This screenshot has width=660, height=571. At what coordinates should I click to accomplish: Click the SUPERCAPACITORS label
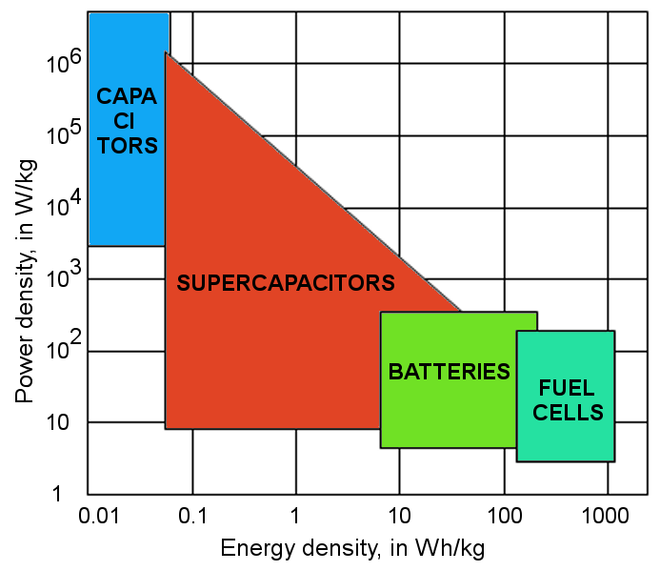click(286, 283)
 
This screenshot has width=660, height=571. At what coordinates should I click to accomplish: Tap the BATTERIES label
click(450, 372)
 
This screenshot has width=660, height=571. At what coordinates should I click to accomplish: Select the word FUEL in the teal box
click(567, 389)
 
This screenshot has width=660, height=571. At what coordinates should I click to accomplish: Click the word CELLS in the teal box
click(567, 413)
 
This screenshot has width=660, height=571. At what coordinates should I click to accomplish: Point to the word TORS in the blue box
click(127, 146)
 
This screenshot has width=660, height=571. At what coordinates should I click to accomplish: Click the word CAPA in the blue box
click(127, 96)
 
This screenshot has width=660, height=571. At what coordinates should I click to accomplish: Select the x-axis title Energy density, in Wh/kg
click(354, 549)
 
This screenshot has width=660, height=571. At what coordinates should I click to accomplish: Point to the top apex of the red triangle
click(167, 53)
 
